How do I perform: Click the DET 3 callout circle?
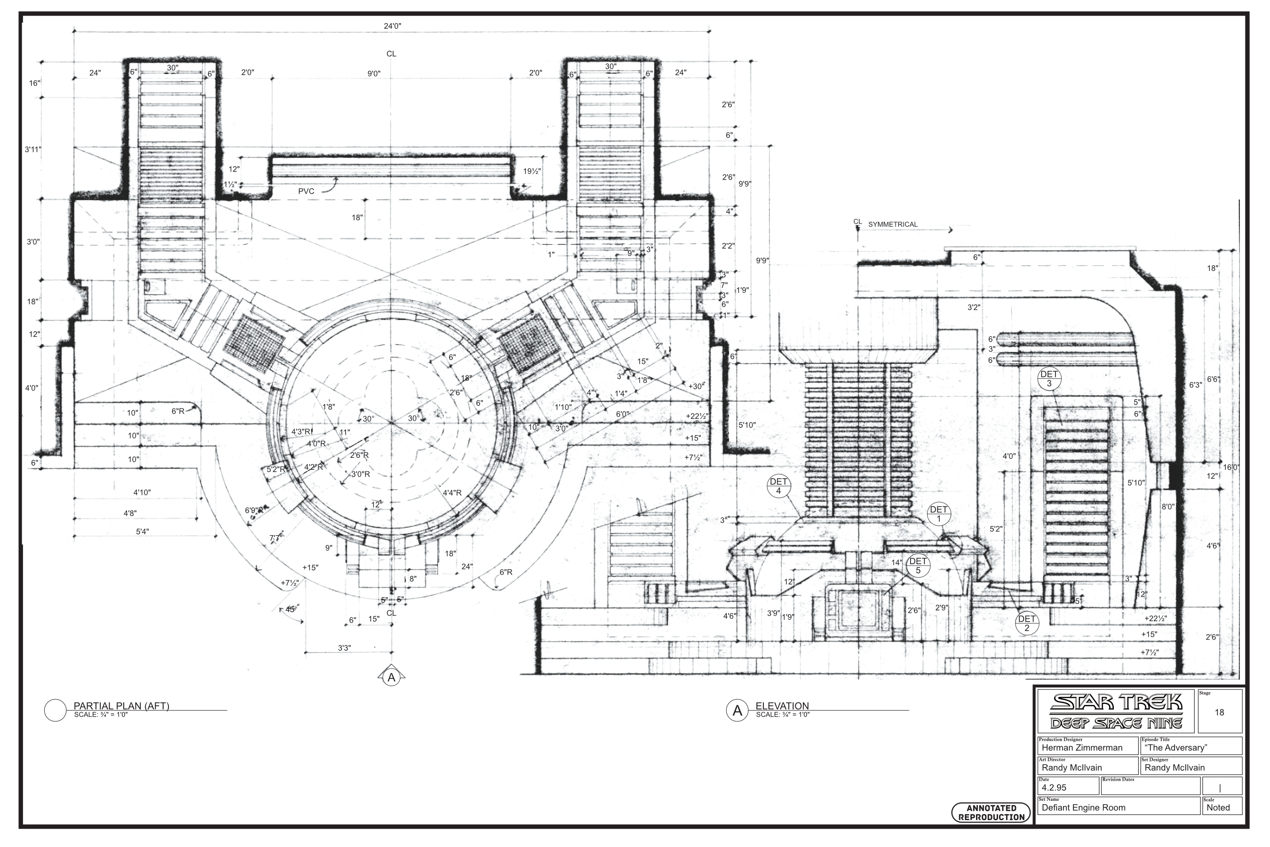(x=1049, y=379)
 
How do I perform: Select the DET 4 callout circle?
(x=778, y=486)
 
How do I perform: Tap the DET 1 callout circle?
(x=938, y=514)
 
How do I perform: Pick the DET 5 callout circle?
(x=918, y=566)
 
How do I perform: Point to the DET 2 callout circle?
(x=1026, y=623)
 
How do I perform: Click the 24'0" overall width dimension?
(x=393, y=26)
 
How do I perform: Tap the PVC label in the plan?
(x=306, y=191)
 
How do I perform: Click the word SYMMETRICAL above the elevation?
(x=893, y=224)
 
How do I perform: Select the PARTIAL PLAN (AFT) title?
(x=121, y=705)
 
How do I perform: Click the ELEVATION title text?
(x=782, y=705)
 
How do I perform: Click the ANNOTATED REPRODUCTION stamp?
(x=991, y=813)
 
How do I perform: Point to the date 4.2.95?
(x=1054, y=788)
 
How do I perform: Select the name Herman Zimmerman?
(x=1082, y=748)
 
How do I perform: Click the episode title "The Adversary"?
(x=1175, y=748)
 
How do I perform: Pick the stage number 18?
(x=1219, y=712)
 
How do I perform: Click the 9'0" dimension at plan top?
(x=373, y=73)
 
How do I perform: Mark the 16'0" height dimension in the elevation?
(x=1231, y=467)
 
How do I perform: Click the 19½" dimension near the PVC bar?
(x=532, y=171)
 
